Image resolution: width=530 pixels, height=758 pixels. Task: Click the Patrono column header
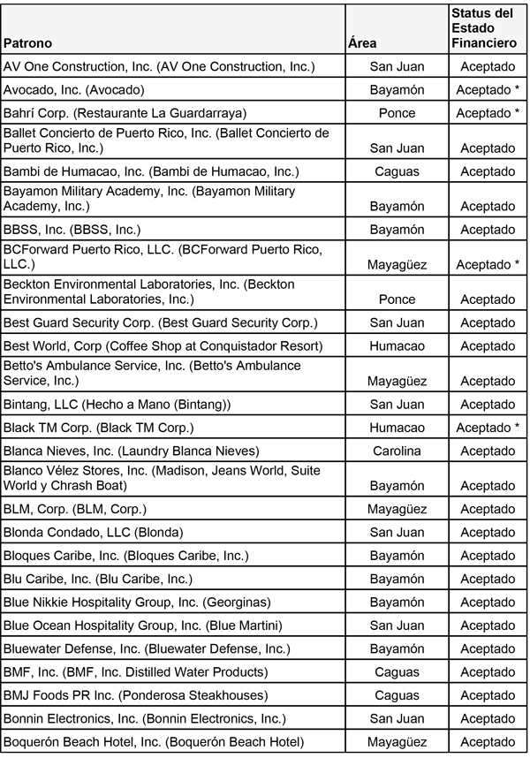click(x=28, y=42)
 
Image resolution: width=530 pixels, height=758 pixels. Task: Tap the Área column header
click(x=362, y=42)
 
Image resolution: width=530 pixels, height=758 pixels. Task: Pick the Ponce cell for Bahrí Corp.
click(x=397, y=113)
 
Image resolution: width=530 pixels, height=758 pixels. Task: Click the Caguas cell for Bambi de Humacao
click(x=397, y=171)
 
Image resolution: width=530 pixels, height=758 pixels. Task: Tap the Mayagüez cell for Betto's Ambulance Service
click(x=397, y=381)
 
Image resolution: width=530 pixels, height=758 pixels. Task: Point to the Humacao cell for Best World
click(x=397, y=345)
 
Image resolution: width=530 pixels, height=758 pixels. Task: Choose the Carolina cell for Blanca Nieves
click(x=397, y=451)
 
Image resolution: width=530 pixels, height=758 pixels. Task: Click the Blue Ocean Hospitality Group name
click(x=143, y=625)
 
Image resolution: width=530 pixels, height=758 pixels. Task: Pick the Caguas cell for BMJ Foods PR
click(x=397, y=695)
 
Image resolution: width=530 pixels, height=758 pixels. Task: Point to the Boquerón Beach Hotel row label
click(x=154, y=742)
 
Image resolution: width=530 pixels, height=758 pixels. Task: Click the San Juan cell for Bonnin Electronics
click(x=397, y=719)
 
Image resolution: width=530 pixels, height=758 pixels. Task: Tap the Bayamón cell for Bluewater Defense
click(x=397, y=649)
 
